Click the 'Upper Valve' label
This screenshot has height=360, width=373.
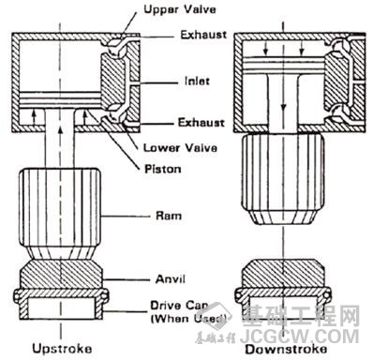180,9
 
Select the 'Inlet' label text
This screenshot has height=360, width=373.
197,82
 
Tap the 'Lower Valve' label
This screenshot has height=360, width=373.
180,147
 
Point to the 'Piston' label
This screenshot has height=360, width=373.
163,169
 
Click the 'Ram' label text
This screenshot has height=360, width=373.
169,216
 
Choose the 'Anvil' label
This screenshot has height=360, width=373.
171,278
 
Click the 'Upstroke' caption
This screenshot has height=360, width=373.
62,348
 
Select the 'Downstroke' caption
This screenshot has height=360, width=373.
286,349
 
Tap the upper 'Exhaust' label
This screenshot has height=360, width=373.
203,35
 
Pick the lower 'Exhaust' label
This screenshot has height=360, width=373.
201,122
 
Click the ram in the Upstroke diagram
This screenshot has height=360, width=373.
60,214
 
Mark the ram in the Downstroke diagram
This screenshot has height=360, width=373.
283,178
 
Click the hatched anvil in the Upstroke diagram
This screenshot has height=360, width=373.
61,275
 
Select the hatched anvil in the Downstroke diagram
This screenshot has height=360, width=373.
283,274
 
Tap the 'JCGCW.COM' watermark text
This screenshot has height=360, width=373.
299,337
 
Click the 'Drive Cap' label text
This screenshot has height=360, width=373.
180,306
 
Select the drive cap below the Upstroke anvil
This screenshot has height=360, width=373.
61,304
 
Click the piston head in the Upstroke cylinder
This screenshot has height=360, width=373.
61,100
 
